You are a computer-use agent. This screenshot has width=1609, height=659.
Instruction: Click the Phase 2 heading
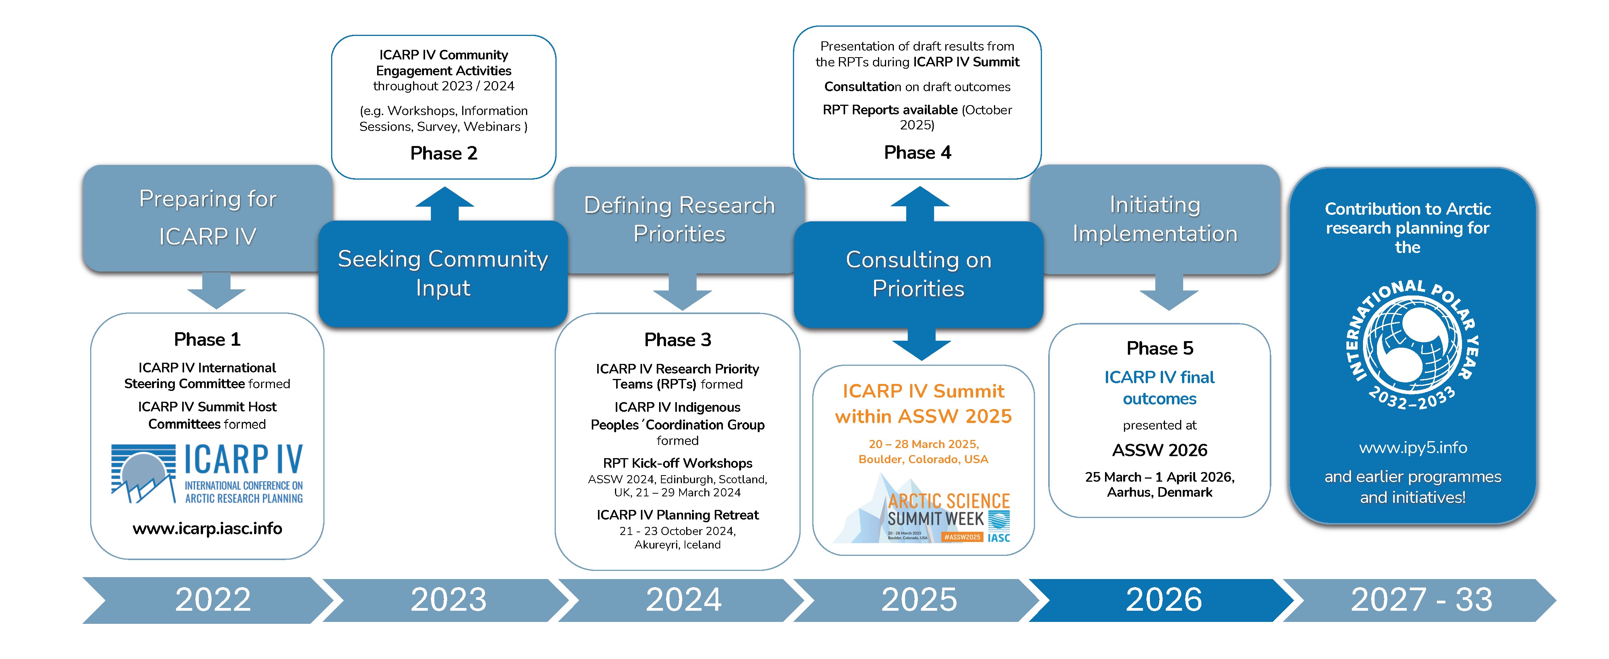click(444, 153)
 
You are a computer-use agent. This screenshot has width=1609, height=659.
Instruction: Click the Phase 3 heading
click(677, 340)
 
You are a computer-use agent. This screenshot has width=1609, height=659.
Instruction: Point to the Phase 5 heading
click(1159, 348)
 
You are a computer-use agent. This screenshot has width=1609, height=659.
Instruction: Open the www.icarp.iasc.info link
click(207, 528)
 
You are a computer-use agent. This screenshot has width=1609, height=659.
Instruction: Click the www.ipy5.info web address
click(1412, 447)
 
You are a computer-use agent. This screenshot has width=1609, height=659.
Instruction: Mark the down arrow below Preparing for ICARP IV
click(216, 290)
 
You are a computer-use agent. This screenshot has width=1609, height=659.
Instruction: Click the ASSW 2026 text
click(1159, 450)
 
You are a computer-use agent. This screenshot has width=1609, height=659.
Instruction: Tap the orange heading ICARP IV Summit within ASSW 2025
click(923, 403)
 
